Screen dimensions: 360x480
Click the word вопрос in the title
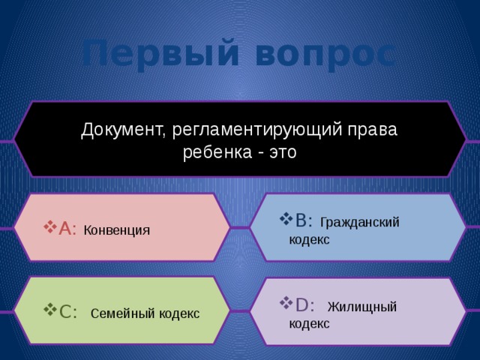[323, 54]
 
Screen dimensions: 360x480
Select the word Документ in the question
[124, 129]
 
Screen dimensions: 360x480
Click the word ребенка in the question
[212, 151]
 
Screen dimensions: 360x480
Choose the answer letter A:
[68, 229]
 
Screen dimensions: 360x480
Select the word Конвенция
[117, 229]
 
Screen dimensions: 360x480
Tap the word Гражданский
[359, 221]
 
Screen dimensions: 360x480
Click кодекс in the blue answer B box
[309, 239]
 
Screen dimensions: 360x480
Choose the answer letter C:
[68, 312]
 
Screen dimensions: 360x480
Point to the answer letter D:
[304, 304]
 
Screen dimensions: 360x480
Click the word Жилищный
[362, 306]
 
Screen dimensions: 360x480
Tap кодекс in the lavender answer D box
[309, 323]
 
